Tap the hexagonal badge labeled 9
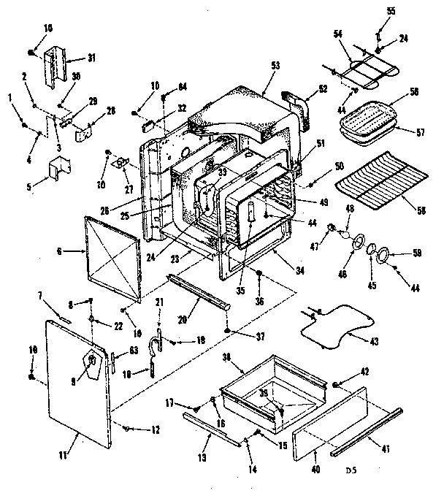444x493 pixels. (91, 362)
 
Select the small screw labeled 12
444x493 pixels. (126, 427)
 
